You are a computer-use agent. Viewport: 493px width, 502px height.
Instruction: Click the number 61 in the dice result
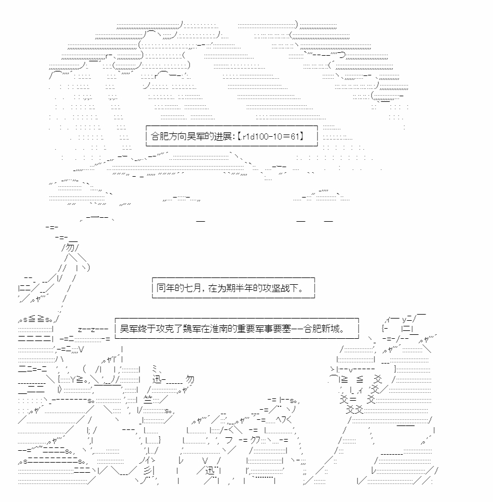tap(295, 136)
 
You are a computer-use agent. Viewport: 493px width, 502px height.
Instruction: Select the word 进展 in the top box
tap(223, 136)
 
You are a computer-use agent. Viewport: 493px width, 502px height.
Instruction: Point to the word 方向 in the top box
tap(177, 136)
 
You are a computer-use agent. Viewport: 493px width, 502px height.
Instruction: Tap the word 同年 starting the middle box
tap(166, 288)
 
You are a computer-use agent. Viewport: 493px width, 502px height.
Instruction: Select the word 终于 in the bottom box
tap(147, 329)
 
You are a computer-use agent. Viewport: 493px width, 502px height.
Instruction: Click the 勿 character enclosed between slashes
tap(70, 248)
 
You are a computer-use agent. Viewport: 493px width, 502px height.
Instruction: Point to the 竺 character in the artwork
tap(148, 400)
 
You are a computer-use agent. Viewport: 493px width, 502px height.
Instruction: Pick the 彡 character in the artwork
tap(148, 471)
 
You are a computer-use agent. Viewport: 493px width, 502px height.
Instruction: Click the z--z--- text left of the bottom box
tap(93, 329)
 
